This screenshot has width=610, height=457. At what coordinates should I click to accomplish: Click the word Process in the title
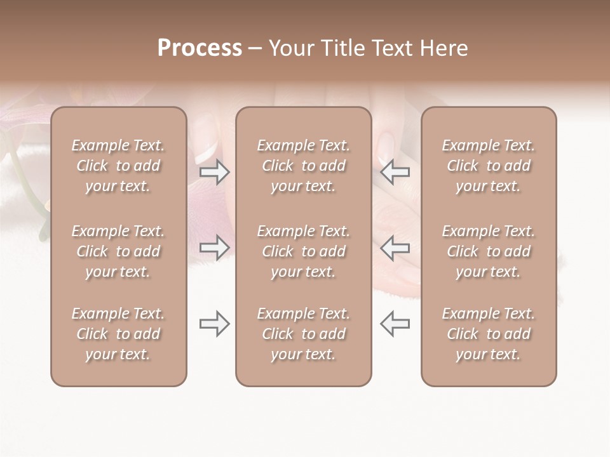(x=200, y=48)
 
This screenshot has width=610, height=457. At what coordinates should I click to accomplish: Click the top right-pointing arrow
(x=214, y=171)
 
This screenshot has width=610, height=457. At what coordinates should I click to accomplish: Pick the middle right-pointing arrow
(x=214, y=248)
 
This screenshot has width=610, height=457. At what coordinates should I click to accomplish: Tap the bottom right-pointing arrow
(x=214, y=324)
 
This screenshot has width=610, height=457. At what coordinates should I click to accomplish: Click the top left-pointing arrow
(x=395, y=171)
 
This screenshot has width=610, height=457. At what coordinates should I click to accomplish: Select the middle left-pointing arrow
(x=395, y=248)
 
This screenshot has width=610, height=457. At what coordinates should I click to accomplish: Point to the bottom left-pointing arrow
(x=395, y=324)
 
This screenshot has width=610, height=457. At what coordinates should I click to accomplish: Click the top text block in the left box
(x=118, y=166)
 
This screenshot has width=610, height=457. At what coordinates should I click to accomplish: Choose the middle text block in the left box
(x=118, y=251)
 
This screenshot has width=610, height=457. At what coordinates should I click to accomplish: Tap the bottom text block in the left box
(x=118, y=334)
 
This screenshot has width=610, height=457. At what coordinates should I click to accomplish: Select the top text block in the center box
(x=303, y=166)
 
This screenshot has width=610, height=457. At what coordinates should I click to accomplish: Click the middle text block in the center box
(x=303, y=251)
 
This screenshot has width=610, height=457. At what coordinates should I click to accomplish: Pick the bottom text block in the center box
(x=303, y=334)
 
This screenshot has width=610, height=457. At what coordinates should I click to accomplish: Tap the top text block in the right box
(x=488, y=166)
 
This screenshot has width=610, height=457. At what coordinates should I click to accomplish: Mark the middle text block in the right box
(x=488, y=251)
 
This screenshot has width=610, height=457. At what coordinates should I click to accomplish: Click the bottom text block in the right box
(x=488, y=334)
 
